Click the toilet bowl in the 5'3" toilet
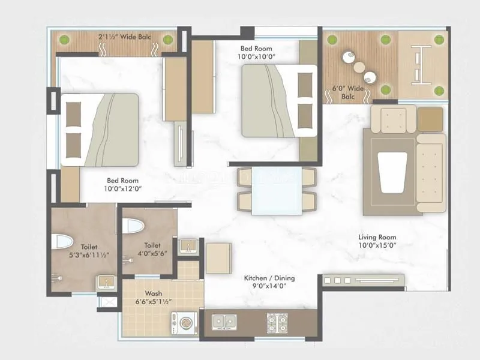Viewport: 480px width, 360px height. point(62,241)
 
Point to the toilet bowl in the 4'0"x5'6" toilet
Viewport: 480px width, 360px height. point(133,226)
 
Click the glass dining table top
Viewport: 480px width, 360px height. point(277,191)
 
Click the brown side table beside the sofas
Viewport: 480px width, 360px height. point(430,119)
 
